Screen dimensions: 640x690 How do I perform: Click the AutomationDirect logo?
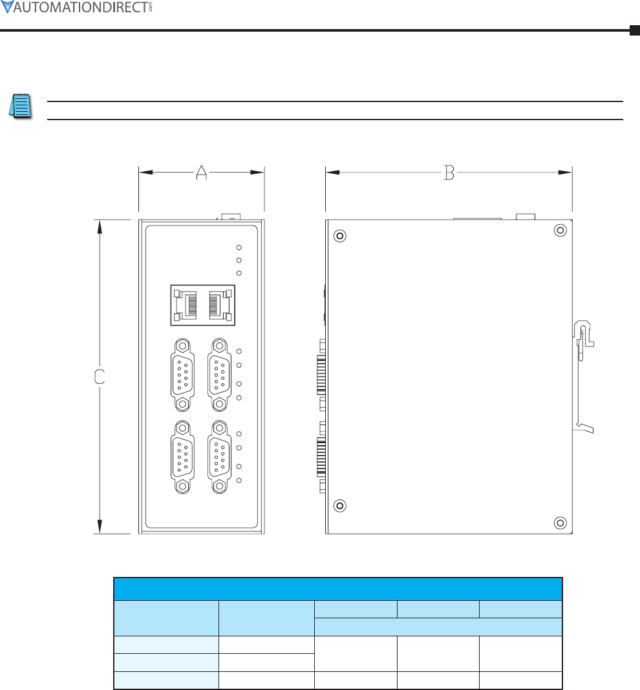click(77, 7)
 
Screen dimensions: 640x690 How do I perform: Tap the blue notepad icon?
click(20, 106)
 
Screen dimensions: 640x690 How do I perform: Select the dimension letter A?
click(201, 172)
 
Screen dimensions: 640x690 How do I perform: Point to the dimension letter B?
click(449, 172)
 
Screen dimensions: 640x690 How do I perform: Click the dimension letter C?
click(100, 377)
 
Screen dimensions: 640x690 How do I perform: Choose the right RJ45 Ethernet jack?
click(220, 305)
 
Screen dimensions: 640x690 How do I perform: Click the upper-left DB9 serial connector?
click(182, 375)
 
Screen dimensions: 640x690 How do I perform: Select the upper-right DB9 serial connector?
click(219, 375)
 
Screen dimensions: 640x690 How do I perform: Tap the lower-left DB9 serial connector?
click(182, 457)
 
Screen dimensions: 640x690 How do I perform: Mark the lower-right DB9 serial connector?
click(219, 457)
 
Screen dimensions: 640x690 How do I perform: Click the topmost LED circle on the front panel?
click(239, 247)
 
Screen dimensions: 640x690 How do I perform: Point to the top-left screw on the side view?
click(340, 236)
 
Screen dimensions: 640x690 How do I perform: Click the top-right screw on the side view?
click(560, 230)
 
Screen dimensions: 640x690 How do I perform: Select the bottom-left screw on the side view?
click(340, 506)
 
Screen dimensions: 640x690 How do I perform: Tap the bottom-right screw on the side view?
click(560, 523)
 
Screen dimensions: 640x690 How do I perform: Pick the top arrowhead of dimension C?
click(100, 227)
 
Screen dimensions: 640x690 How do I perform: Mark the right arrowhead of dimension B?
click(564, 172)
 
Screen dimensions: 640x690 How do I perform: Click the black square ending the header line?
click(635, 30)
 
